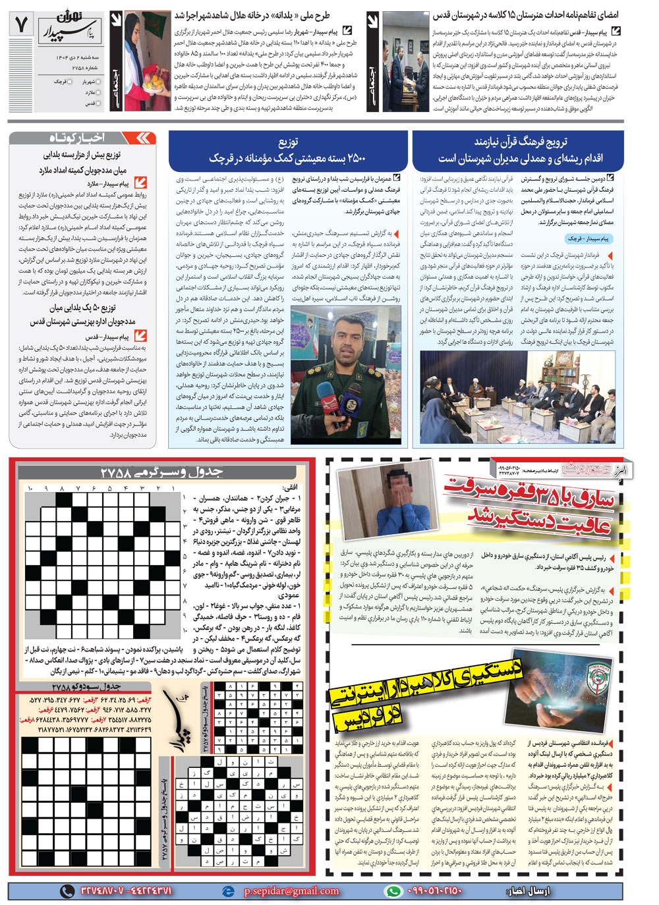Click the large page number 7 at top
click(22, 26)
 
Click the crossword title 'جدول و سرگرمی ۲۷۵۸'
click(161, 473)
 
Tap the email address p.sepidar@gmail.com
click(291, 891)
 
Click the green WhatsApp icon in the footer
click(393, 891)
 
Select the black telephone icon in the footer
click(67, 891)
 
